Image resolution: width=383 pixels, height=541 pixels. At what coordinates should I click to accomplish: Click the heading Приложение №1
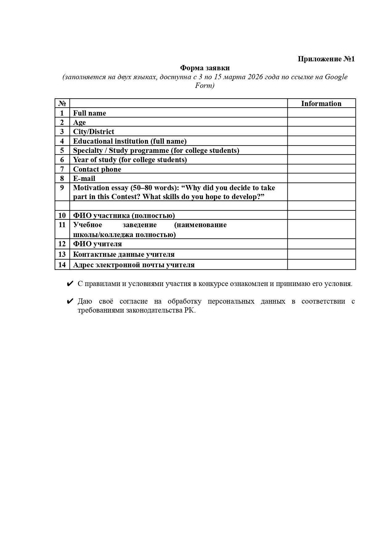point(326,59)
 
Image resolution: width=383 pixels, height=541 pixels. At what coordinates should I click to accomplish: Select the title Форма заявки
point(205,68)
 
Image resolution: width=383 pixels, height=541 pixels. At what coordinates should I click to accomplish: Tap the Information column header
point(321,104)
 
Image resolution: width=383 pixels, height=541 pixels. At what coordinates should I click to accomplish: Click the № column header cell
point(62,104)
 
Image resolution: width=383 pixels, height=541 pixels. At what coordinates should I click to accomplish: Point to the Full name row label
point(89,113)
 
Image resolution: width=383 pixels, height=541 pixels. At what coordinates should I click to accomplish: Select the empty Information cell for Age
point(321,122)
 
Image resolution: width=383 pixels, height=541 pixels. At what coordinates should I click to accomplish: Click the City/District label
point(93,132)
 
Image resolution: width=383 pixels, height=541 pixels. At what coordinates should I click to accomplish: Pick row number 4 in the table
point(62,141)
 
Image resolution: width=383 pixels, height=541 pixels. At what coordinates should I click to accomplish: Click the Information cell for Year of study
point(321,160)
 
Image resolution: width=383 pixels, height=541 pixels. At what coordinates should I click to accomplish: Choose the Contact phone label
point(97,169)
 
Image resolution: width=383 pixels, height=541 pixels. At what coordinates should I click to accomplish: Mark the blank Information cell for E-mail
point(321,178)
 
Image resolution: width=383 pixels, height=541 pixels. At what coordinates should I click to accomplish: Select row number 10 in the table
point(62,215)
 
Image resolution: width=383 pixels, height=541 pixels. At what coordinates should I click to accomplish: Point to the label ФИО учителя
point(97,244)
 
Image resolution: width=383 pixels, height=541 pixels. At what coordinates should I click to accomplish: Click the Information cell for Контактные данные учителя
point(321,254)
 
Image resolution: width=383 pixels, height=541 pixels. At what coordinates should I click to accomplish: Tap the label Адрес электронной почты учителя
point(134,265)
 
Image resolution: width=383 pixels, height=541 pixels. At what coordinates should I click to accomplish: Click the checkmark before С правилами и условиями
point(70,284)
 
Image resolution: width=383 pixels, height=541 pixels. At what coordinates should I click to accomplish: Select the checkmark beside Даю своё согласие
point(70,301)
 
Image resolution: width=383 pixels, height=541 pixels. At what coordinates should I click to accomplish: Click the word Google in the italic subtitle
point(336,77)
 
